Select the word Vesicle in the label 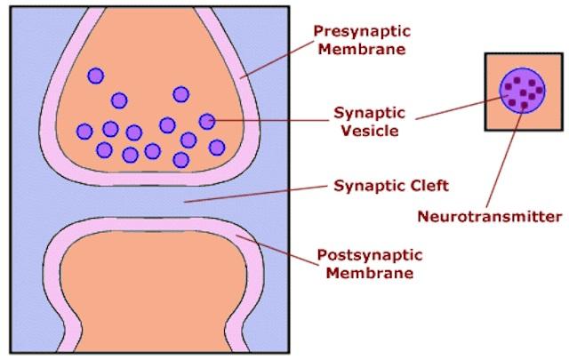pyautogui.click(x=366, y=131)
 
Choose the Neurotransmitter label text pyautogui.click(x=490, y=216)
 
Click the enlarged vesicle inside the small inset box pyautogui.click(x=522, y=90)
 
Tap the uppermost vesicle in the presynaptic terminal pyautogui.click(x=95, y=76)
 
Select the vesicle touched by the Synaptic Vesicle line pyautogui.click(x=207, y=121)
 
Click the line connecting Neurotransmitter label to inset pyautogui.click(x=508, y=160)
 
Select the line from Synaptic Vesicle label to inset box pyautogui.click(x=453, y=107)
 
